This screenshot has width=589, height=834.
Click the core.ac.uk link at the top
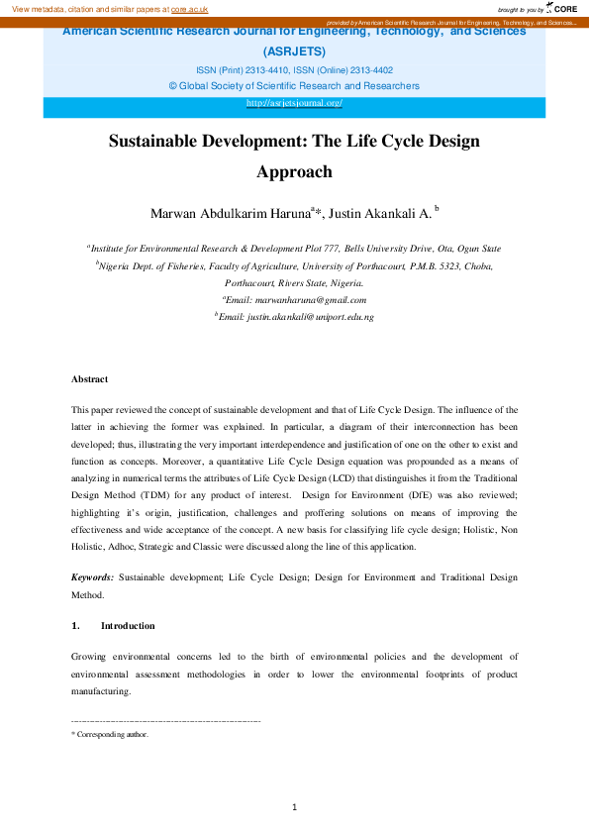[x=189, y=8]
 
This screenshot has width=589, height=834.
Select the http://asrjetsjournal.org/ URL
[x=294, y=103]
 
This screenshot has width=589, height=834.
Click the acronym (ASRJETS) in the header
[x=294, y=51]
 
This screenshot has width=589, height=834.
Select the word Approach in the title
[x=294, y=171]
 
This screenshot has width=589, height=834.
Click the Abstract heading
[x=89, y=379]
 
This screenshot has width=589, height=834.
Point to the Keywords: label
[x=93, y=576]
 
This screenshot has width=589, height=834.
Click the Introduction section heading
[x=128, y=626]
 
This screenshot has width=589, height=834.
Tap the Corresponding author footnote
[x=112, y=735]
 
